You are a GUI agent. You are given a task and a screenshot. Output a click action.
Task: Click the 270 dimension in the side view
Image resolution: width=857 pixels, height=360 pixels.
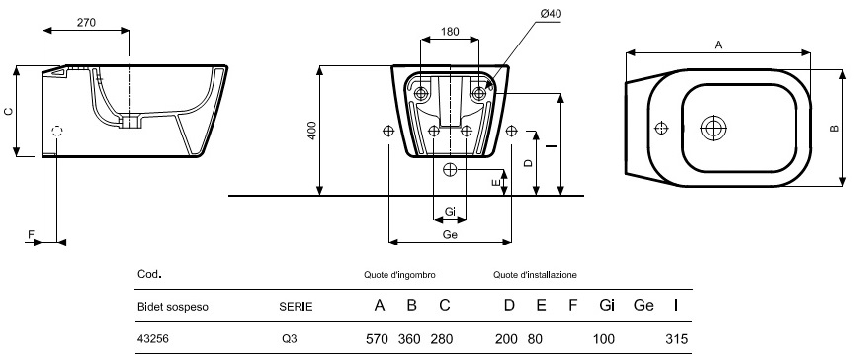point(86,23)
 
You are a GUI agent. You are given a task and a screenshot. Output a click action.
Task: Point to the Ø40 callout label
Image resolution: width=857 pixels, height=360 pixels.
point(551,14)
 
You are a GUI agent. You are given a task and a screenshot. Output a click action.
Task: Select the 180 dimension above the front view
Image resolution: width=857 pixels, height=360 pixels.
point(450,32)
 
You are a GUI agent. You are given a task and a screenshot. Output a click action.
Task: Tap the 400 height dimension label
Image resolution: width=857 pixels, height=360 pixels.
point(311,130)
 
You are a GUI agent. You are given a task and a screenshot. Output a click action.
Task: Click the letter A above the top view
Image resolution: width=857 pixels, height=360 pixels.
point(719,45)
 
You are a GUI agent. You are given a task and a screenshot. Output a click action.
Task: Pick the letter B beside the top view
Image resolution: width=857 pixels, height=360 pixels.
point(834,128)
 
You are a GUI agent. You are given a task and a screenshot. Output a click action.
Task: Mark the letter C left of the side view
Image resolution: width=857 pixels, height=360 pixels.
point(8,111)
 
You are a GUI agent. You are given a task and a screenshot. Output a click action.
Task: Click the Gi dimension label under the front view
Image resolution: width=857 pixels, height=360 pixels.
point(451,212)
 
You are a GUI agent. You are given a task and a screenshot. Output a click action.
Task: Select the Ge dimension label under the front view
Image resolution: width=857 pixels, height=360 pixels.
point(450,234)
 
